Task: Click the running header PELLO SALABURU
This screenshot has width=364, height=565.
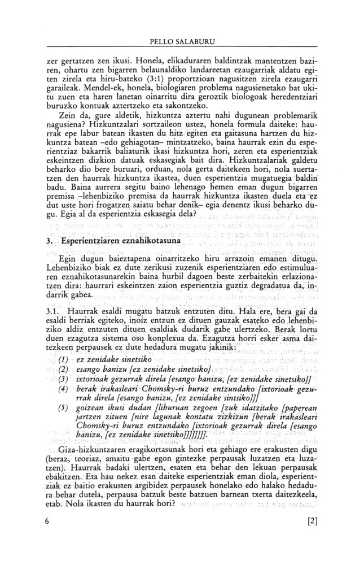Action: [182, 42]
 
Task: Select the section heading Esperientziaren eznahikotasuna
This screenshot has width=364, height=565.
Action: [117, 240]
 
